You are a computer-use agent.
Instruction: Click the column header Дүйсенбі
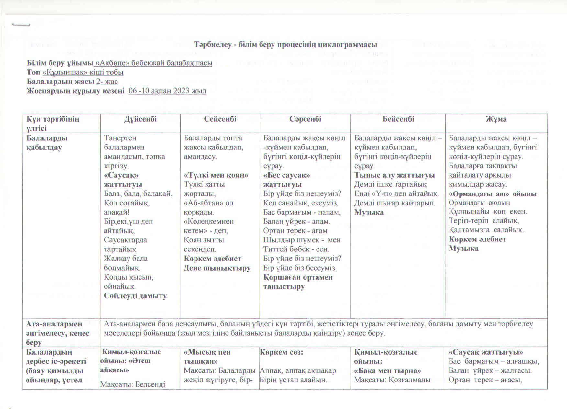(140, 119)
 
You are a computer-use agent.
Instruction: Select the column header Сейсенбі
(220, 119)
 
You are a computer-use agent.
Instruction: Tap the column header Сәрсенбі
(305, 119)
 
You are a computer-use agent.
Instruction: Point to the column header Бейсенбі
(398, 119)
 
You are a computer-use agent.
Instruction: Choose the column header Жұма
(496, 119)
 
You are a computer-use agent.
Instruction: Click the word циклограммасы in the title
(348, 45)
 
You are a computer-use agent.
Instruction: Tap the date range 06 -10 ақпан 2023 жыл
(167, 91)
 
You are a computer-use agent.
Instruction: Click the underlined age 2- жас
(107, 82)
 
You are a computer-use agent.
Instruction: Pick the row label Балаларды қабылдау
(47, 143)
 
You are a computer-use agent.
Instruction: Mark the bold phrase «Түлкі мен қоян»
(216, 175)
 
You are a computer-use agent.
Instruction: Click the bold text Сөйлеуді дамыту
(135, 296)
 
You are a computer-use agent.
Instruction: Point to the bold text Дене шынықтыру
(217, 268)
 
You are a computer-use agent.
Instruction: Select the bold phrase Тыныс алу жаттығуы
(395, 175)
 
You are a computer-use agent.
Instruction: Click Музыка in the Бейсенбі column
(369, 212)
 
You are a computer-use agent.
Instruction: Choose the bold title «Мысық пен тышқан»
(207, 356)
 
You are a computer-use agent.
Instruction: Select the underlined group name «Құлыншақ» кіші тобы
(83, 72)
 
